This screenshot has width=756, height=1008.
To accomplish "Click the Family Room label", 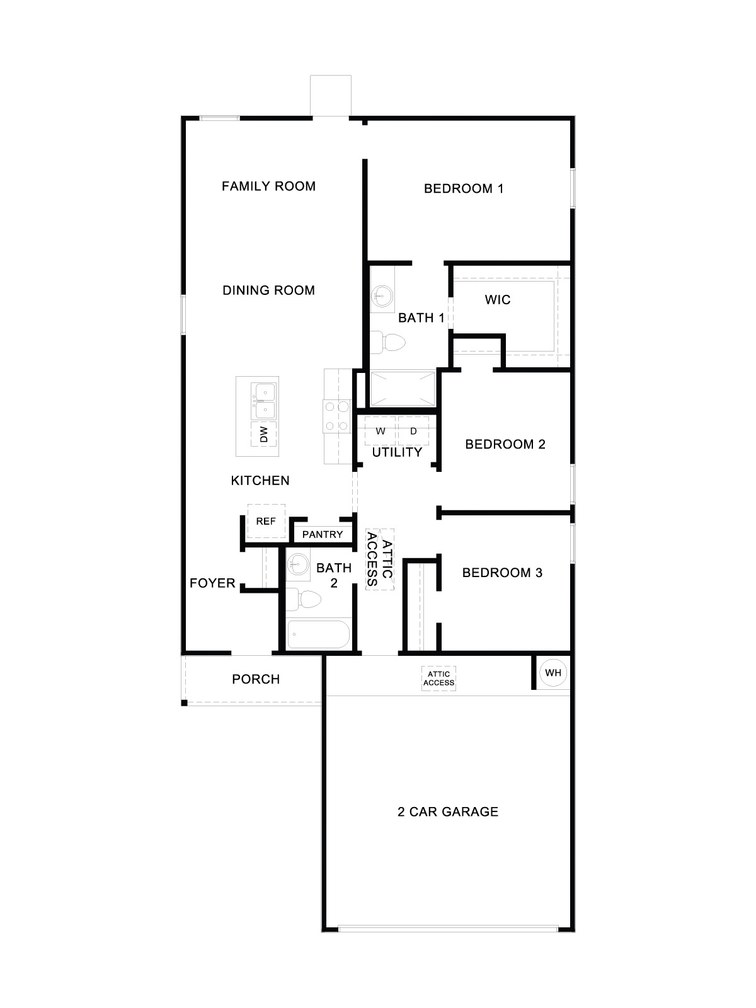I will (x=268, y=186).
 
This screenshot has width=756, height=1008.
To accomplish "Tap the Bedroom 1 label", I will (x=464, y=188).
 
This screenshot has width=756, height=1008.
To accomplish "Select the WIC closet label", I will (x=498, y=299).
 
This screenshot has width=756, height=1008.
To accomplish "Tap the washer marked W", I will (x=381, y=432).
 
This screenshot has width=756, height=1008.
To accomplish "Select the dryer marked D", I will (x=414, y=432).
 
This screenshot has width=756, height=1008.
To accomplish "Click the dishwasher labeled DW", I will (x=265, y=433).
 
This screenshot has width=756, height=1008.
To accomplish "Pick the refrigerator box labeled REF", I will (x=266, y=521).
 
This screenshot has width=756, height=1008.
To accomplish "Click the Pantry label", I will (x=323, y=534).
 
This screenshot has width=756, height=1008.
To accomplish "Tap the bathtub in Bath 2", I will (x=318, y=634).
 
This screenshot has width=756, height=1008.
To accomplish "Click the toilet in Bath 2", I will (x=304, y=598).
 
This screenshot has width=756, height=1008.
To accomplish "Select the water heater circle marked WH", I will (x=553, y=673).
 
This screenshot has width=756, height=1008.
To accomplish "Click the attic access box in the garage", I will (x=439, y=679).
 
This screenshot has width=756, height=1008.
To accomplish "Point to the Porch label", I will (x=256, y=679).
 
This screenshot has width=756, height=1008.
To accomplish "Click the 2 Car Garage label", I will (x=448, y=811).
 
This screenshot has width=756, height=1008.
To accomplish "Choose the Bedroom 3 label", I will (x=502, y=573).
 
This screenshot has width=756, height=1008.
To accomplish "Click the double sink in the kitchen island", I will (x=264, y=402).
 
